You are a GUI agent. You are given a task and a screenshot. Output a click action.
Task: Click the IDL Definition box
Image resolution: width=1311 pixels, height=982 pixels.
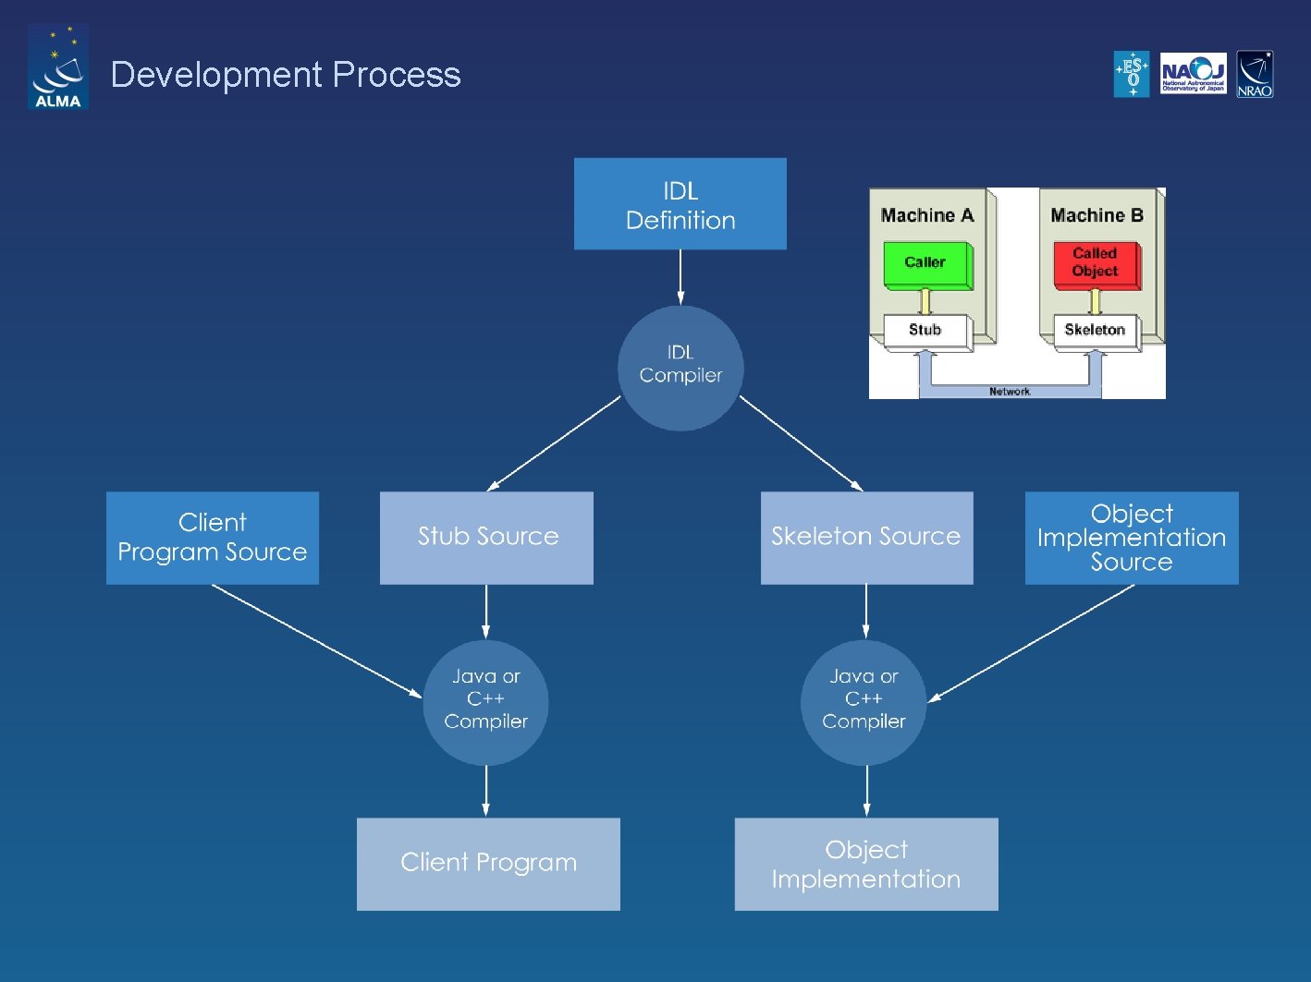click(680, 204)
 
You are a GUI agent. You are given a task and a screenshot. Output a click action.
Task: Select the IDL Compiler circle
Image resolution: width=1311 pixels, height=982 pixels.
click(680, 368)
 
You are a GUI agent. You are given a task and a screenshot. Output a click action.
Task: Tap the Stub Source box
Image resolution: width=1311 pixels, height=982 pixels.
click(486, 538)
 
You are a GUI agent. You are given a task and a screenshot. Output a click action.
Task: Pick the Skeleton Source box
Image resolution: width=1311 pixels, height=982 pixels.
click(866, 538)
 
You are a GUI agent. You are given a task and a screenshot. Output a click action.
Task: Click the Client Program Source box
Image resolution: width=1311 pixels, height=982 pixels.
click(213, 538)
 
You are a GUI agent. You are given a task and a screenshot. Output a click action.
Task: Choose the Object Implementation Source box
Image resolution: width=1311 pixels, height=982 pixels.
click(1132, 538)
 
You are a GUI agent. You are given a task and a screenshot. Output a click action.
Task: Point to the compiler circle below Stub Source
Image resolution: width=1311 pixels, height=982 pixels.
click(486, 702)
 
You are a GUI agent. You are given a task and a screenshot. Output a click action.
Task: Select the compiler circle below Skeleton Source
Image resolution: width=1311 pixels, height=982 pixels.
click(864, 702)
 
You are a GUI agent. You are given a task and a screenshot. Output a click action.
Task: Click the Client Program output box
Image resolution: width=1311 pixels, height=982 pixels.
click(488, 864)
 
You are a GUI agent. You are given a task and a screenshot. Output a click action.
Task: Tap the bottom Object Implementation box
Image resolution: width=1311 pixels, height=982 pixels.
click(866, 864)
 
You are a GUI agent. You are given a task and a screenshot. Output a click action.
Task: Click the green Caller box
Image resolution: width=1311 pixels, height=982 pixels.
click(925, 264)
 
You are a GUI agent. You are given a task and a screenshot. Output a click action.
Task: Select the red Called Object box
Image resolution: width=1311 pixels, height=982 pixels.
click(1095, 264)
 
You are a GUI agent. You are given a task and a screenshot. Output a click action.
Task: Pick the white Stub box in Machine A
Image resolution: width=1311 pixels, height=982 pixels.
click(925, 331)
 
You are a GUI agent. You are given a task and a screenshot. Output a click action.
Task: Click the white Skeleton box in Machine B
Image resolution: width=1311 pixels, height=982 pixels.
click(1095, 331)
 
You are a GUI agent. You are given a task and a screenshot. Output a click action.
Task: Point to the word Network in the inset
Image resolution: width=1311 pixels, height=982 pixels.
click(1009, 392)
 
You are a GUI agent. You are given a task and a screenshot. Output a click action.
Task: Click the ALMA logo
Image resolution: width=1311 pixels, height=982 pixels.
click(58, 67)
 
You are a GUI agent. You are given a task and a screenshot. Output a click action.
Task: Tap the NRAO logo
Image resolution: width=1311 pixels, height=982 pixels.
click(1255, 74)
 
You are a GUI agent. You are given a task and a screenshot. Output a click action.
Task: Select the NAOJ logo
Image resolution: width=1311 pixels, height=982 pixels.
click(1193, 74)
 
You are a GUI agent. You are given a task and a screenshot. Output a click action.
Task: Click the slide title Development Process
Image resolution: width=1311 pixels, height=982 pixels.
click(286, 75)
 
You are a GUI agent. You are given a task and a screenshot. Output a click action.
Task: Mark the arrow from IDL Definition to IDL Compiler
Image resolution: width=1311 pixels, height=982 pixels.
click(680, 277)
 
